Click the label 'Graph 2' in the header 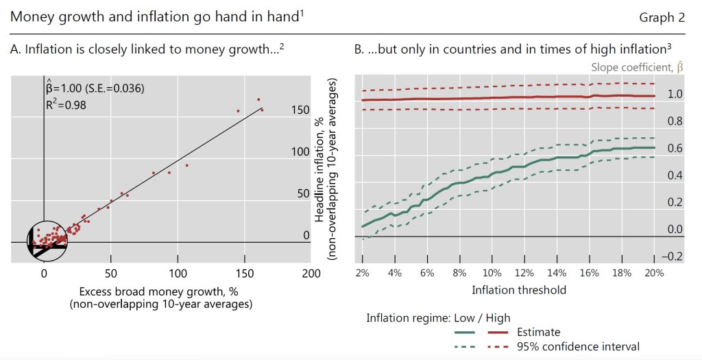662,18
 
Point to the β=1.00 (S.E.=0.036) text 95,88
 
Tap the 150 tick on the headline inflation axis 300,110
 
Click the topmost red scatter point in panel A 258,99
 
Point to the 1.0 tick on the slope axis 675,95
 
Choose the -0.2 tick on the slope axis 673,256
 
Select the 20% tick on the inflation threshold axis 653,273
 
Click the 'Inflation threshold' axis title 519,290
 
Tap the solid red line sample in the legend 500,333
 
